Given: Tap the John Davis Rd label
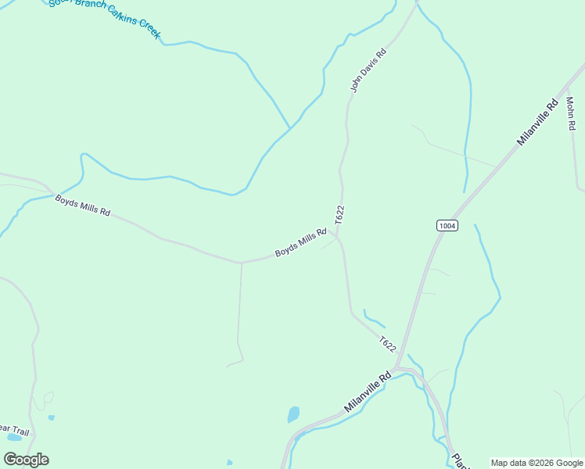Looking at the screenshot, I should click(368, 72).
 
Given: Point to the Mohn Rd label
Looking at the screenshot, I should click(572, 114).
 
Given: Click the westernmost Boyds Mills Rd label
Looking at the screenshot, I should click(82, 206).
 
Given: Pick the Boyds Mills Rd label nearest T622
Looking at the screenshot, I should click(300, 243).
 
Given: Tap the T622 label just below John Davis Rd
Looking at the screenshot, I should click(340, 216).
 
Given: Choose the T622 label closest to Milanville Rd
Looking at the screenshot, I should click(388, 344).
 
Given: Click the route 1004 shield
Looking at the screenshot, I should click(447, 226).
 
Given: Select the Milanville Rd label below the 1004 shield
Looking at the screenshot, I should click(367, 393).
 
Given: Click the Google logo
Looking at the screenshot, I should click(27, 459).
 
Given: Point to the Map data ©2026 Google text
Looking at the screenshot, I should click(537, 463).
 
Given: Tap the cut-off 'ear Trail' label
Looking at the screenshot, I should click(13, 429).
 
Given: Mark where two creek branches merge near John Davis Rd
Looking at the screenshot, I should click(290, 127).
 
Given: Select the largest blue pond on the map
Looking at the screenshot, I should click(293, 414).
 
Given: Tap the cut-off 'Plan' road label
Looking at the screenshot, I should click(460, 460).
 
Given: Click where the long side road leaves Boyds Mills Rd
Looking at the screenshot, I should click(242, 263).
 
